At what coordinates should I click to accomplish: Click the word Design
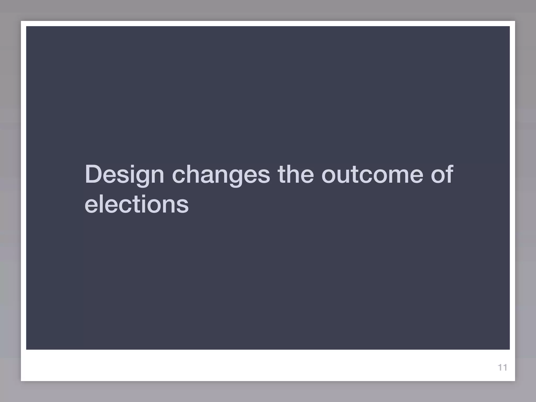click(124, 175)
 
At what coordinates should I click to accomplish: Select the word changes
click(221, 175)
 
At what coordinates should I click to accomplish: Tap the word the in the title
click(296, 174)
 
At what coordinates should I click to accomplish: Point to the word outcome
click(372, 174)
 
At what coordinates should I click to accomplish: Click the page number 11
click(502, 367)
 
